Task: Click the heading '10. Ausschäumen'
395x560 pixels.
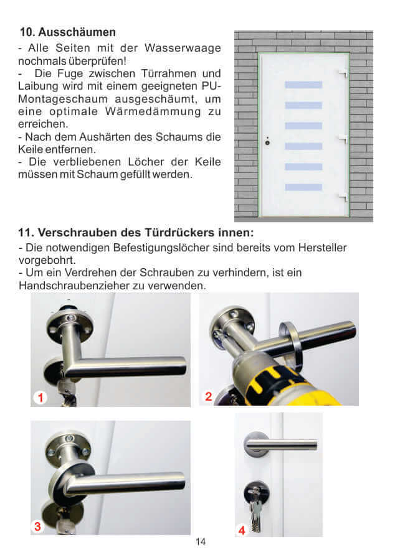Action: coord(68,32)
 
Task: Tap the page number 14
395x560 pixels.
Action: coord(200,541)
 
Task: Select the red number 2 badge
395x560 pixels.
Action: coord(209,396)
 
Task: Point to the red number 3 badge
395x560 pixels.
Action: coord(38,526)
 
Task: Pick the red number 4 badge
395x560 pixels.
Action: coord(242,530)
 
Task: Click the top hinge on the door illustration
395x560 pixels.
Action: coord(342,74)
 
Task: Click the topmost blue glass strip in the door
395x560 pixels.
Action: coord(303,85)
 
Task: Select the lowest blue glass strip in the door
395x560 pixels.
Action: coord(303,187)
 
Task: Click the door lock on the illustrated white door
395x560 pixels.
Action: coord(267,142)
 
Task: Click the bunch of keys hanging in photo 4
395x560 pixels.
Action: coord(256,507)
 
